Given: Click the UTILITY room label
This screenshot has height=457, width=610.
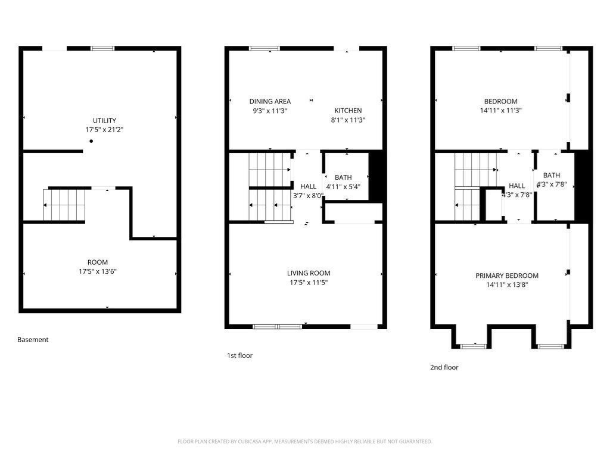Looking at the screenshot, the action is coord(104,120).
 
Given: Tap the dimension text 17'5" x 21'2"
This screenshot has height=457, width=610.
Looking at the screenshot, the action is coord(104,130).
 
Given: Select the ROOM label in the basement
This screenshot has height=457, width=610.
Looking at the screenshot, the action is coord(98,262).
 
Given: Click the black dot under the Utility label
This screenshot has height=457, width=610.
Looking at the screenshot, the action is coord(91,141).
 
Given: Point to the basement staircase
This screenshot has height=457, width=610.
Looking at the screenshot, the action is coord(64,205).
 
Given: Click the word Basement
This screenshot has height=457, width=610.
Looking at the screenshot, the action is coord(33,340).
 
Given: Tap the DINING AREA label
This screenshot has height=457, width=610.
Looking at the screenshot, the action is coord(270,101).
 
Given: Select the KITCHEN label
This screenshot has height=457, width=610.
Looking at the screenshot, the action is coord(348,111).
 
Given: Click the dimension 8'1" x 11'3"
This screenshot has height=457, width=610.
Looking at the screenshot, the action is coord(348,120).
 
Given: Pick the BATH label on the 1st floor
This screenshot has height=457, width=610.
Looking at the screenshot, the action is coord(343,177).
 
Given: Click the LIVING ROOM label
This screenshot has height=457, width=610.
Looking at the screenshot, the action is coord(309,273).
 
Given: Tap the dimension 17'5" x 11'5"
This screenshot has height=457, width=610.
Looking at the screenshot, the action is coord(309,283).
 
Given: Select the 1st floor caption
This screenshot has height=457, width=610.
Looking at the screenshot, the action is coord(239,356).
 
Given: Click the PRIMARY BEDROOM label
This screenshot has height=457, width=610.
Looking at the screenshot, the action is coord(507,276).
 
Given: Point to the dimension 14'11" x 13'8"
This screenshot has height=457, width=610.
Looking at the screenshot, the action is coord(507,285).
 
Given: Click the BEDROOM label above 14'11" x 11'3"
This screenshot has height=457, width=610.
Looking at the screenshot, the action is coord(500,101).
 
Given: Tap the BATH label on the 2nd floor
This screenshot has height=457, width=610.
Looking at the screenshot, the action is coord(552,176).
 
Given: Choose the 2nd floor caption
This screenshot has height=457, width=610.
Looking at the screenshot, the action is coord(444,367).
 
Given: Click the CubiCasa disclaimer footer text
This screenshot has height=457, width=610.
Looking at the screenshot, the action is coord(304,442).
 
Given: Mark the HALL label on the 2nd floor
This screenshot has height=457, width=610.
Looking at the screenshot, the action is coord(516,186).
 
